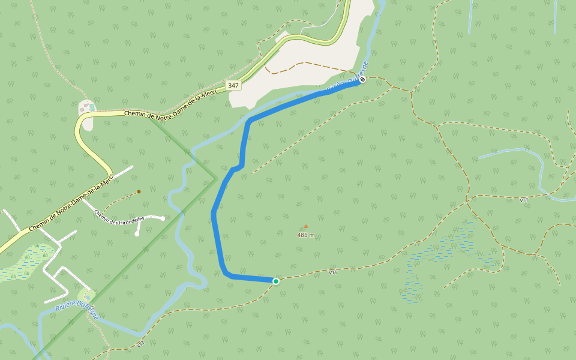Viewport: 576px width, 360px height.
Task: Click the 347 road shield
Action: (233, 85)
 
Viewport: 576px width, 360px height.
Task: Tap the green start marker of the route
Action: (276, 281)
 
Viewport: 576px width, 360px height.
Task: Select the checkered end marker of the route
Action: (362, 79)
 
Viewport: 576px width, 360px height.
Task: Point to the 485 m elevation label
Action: (306, 235)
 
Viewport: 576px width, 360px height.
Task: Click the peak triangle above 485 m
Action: (305, 226)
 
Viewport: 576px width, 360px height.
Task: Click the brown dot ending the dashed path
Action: (139, 192)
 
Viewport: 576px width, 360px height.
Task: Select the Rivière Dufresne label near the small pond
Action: (77, 307)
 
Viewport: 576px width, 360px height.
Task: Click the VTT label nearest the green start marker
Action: (333, 272)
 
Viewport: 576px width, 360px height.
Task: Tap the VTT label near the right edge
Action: (524, 200)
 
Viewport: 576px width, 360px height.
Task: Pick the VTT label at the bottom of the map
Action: (141, 344)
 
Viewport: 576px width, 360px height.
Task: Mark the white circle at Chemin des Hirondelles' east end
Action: (163, 218)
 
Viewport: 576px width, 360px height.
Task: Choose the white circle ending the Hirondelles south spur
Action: (137, 234)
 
